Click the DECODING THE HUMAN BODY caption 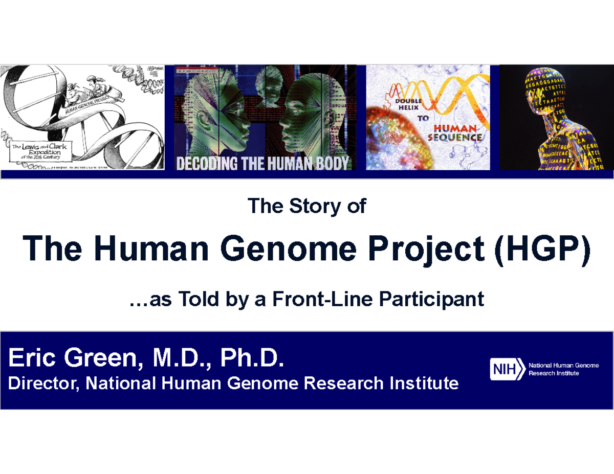[x=262, y=163]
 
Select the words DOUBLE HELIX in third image [x=407, y=104]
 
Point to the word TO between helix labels [x=423, y=119]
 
